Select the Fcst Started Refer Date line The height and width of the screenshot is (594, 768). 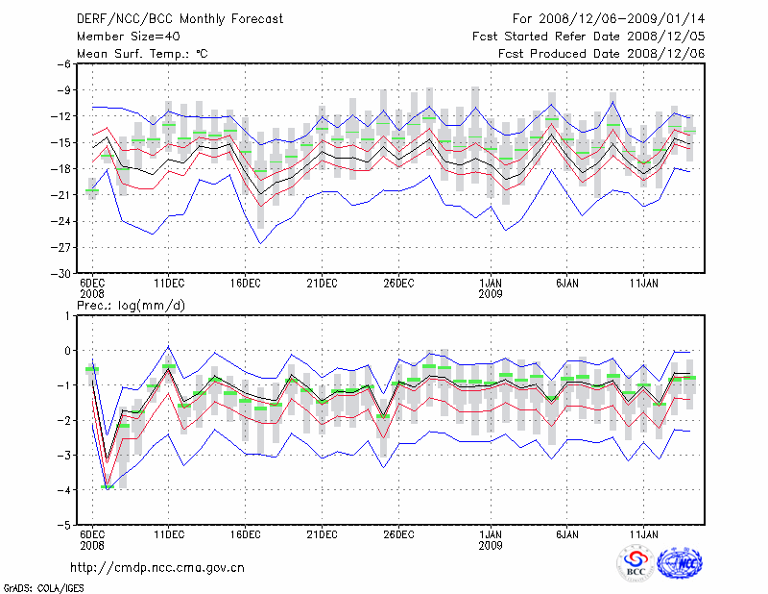[x=589, y=37]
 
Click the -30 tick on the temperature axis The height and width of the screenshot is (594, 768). [x=62, y=274]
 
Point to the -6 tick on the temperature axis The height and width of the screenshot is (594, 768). [x=65, y=64]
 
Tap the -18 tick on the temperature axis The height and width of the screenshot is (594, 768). [x=62, y=169]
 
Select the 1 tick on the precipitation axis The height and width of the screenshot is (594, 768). [x=69, y=315]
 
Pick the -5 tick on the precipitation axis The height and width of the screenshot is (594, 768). [x=65, y=526]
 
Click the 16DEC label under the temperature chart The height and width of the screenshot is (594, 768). [x=245, y=284]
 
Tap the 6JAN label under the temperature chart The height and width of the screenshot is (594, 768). [x=567, y=284]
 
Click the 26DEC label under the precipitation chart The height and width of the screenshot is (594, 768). [x=398, y=533]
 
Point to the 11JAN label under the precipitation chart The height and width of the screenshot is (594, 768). [x=644, y=533]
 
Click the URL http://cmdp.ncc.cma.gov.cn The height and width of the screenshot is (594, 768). [x=158, y=568]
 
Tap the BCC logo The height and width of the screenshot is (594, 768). [x=636, y=564]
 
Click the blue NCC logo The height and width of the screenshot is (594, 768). [x=680, y=564]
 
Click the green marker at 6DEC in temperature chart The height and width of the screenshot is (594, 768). [x=92, y=190]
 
